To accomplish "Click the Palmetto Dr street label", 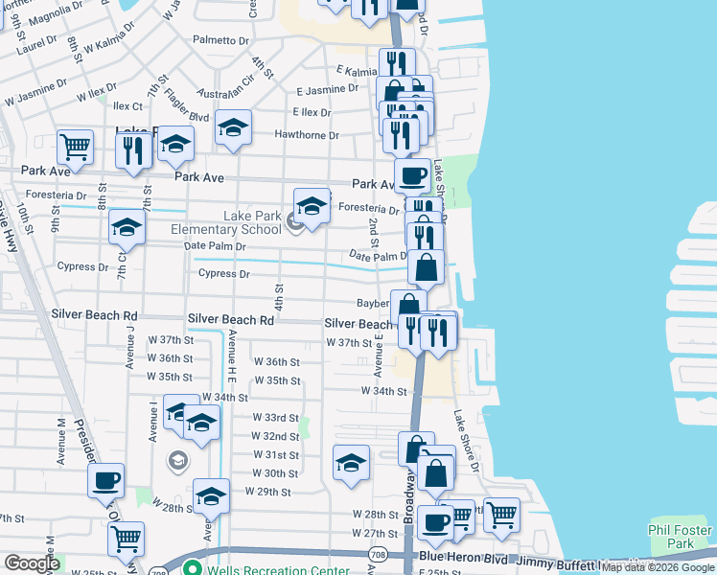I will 220,40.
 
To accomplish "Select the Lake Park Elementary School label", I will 226,222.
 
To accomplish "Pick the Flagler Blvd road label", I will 188,106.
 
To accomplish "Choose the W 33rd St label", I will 276,418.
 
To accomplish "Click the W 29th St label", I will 267,492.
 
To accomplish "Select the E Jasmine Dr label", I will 327,88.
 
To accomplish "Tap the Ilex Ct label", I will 127,106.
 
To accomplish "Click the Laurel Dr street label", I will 36,43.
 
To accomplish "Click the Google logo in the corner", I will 32,563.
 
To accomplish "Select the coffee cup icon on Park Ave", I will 412,175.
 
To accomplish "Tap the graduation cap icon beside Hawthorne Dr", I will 233,127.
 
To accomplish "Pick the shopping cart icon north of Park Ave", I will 75,148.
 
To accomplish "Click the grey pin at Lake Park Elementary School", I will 295,224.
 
